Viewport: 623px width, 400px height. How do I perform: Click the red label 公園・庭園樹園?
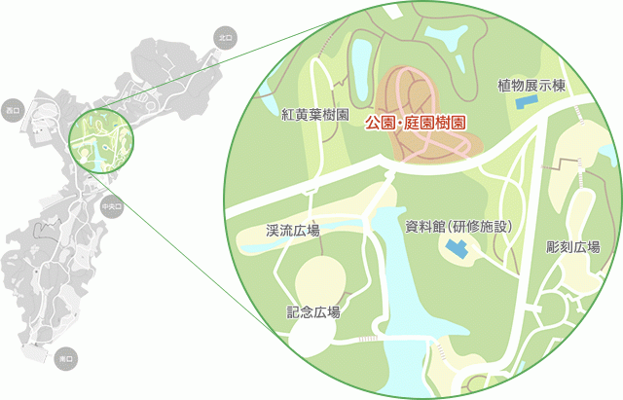click(414, 124)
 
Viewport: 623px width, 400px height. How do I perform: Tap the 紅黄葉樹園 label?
click(314, 115)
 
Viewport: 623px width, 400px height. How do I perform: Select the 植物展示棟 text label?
click(531, 85)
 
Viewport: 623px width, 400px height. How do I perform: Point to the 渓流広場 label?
click(293, 232)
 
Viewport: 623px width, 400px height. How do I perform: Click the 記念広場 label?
click(313, 312)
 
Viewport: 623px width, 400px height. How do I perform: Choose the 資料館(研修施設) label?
click(458, 227)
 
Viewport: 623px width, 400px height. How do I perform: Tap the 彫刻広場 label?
click(573, 247)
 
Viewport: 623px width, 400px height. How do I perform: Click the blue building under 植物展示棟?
click(526, 100)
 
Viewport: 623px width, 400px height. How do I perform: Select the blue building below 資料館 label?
click(457, 249)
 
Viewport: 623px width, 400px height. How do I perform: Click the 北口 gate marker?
click(225, 38)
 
